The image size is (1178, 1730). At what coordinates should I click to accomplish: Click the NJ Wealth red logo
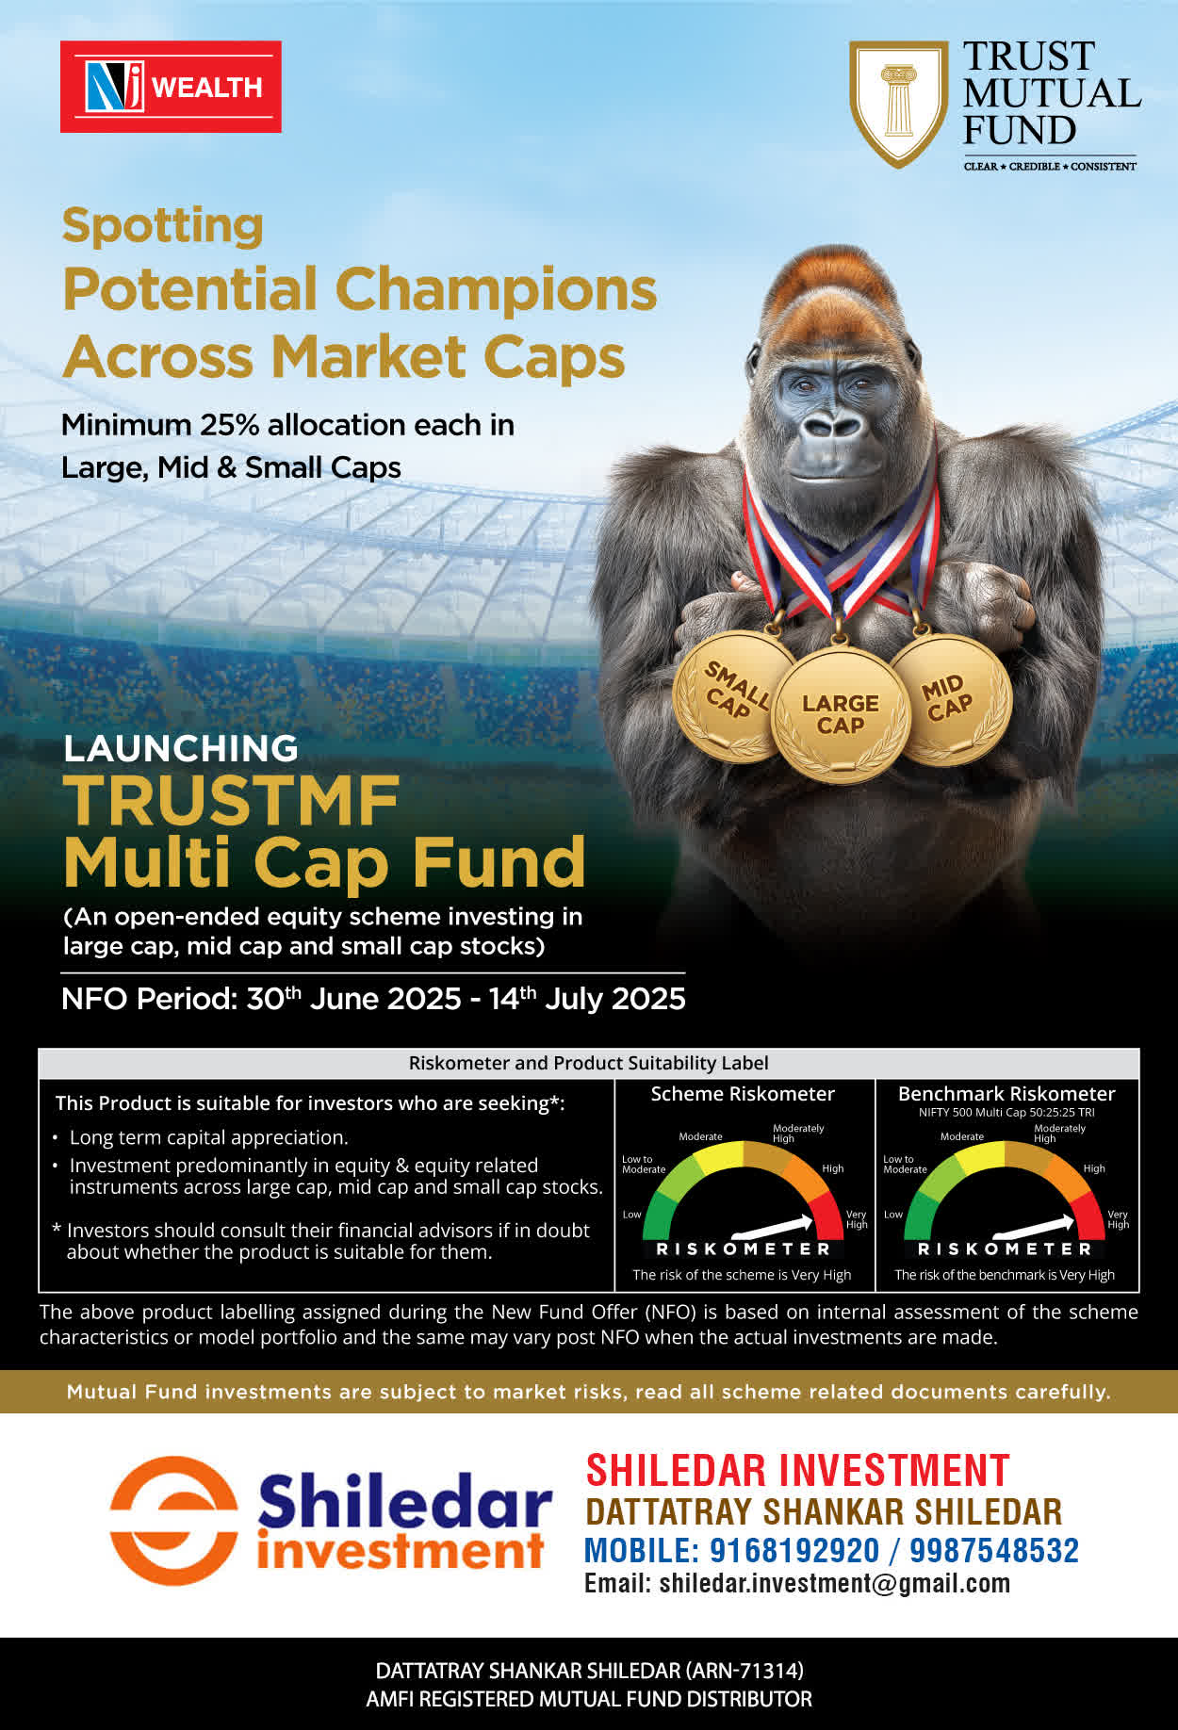pyautogui.click(x=171, y=87)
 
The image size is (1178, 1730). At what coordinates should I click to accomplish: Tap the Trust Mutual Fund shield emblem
pyautogui.click(x=898, y=104)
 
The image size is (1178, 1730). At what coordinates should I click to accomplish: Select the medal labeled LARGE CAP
pyautogui.click(x=840, y=715)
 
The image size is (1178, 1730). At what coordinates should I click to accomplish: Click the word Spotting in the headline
pyautogui.click(x=162, y=227)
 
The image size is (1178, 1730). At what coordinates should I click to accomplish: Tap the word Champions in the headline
pyautogui.click(x=496, y=288)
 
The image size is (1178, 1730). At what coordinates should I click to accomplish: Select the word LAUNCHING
pyautogui.click(x=181, y=748)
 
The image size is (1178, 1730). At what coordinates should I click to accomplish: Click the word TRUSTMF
pyautogui.click(x=232, y=801)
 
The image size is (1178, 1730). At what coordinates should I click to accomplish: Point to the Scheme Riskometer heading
pyautogui.click(x=743, y=1094)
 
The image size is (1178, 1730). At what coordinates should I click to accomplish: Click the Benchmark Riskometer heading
pyautogui.click(x=1006, y=1094)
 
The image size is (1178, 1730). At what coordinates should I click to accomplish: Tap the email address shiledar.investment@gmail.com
pyautogui.click(x=835, y=1583)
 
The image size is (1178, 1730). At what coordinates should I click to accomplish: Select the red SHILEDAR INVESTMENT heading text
pyautogui.click(x=797, y=1471)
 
